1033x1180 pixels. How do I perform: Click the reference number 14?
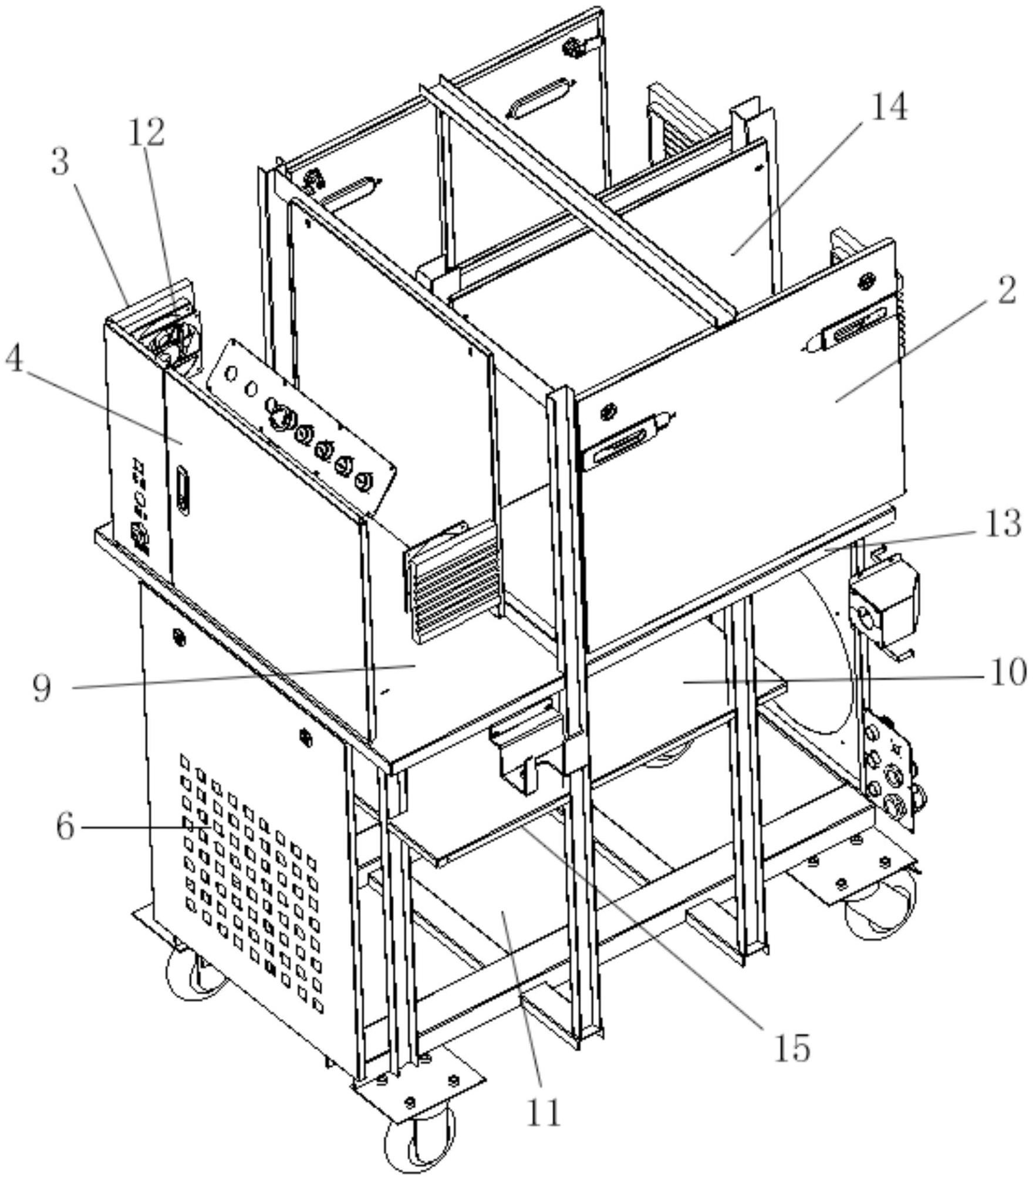(889, 109)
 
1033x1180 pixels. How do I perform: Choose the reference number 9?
(42, 687)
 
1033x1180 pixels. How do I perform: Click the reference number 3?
(60, 162)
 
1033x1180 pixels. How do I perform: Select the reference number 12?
(147, 132)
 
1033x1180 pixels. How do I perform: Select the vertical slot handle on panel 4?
(183, 490)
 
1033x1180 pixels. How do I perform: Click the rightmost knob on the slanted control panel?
(364, 482)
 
